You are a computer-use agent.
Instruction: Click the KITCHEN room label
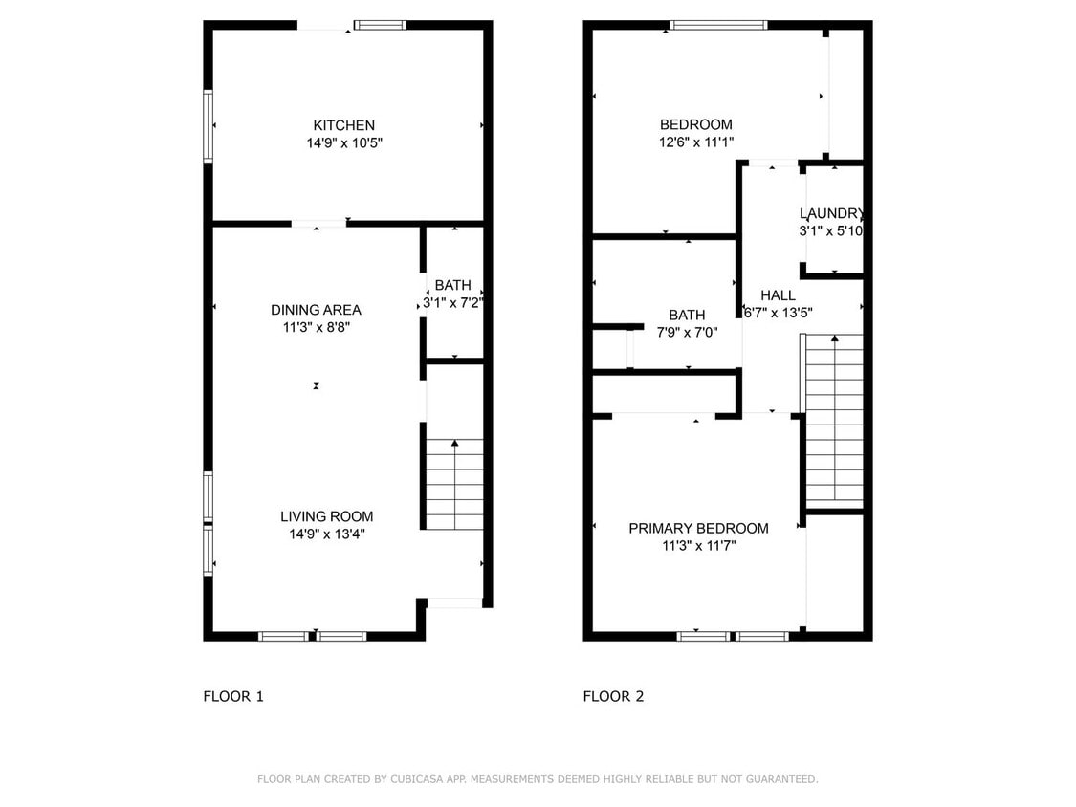coord(344,125)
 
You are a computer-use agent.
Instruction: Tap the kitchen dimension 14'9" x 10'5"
coord(344,142)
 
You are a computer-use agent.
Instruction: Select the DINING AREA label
coord(316,310)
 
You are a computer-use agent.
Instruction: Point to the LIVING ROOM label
coord(326,516)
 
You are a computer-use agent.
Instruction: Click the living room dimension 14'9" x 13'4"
coord(326,534)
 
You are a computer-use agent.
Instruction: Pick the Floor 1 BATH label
coord(452,285)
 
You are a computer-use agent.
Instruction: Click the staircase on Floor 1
coord(453,484)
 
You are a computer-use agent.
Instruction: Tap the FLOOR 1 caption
coord(232,696)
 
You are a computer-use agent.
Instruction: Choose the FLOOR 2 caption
coord(613,696)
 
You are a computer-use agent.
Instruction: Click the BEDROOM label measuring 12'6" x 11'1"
coord(695,124)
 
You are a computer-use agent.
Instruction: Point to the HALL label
coord(778,295)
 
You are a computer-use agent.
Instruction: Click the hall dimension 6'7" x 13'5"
coord(778,313)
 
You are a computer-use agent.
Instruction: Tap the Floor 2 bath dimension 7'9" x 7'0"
coord(687,332)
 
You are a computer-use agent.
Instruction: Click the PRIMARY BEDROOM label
coord(698,529)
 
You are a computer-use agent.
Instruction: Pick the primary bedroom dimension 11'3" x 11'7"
coord(698,546)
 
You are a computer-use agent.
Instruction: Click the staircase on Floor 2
coord(835,421)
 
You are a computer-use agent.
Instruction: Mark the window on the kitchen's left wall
coord(208,126)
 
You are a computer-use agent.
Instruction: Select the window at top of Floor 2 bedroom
coord(718,25)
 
